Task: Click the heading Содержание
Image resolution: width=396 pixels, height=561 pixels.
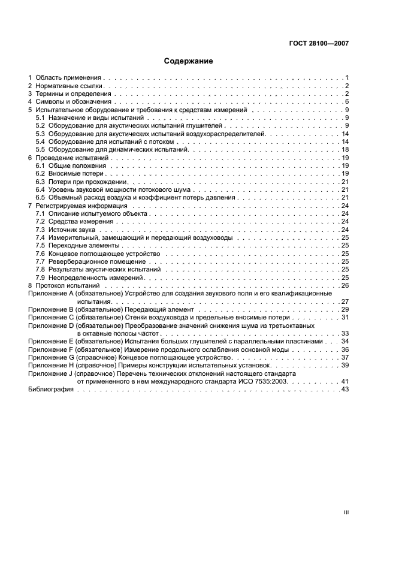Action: click(188, 61)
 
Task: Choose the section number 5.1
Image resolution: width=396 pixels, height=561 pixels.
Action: click(40, 118)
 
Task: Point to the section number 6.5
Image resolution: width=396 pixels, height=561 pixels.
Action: click(40, 197)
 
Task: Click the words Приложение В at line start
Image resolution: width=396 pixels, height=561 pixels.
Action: click(50, 309)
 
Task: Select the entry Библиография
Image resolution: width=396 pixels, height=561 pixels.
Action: click(51, 389)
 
